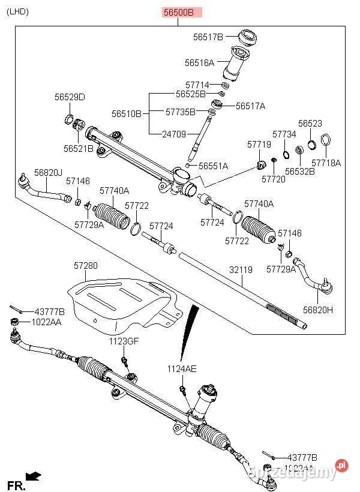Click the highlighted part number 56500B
coord(181,12)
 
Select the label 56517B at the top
coord(208,37)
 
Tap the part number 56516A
coord(199,62)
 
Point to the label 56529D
coord(70,97)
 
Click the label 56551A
coord(213,166)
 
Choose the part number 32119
coord(241,270)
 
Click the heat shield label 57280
coord(85,265)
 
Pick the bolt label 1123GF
coord(123,341)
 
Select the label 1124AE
coord(181,368)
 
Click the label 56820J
coord(47,172)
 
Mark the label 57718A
coord(326,163)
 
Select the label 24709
coord(173,134)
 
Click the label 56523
coord(310,123)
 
